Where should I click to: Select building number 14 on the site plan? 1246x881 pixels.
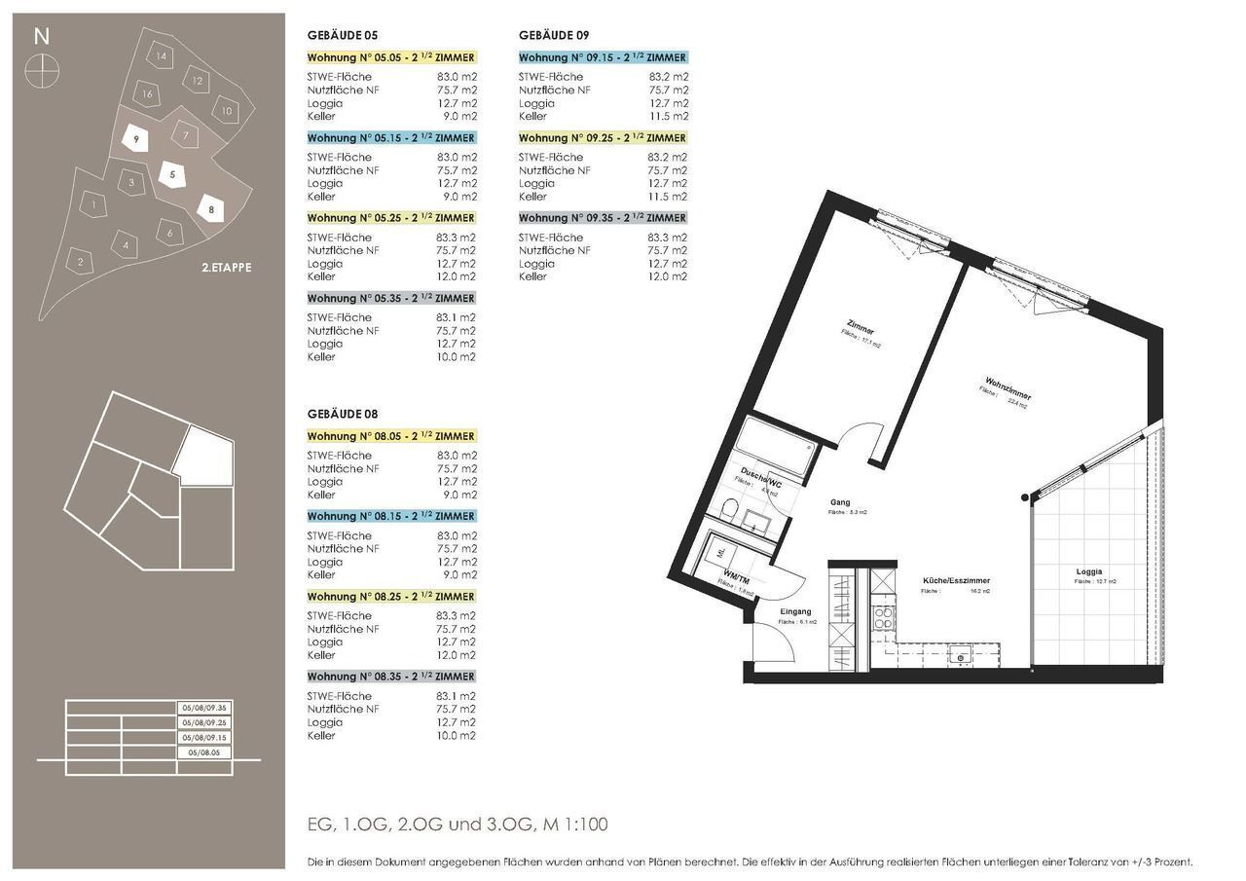click(162, 56)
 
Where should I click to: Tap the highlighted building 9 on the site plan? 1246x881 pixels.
click(137, 140)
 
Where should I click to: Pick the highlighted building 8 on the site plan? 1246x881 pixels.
click(210, 208)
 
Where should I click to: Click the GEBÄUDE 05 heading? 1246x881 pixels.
click(340, 36)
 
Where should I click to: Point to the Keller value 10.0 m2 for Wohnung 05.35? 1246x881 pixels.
click(457, 357)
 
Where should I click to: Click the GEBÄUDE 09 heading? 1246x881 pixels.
click(554, 36)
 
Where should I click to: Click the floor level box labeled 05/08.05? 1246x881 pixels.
click(204, 753)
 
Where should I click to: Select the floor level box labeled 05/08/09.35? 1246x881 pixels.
click(204, 708)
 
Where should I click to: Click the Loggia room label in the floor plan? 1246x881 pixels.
click(1089, 571)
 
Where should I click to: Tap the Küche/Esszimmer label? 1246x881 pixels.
click(956, 581)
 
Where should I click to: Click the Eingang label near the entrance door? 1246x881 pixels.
click(795, 611)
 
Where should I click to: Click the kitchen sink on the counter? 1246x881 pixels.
click(961, 657)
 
